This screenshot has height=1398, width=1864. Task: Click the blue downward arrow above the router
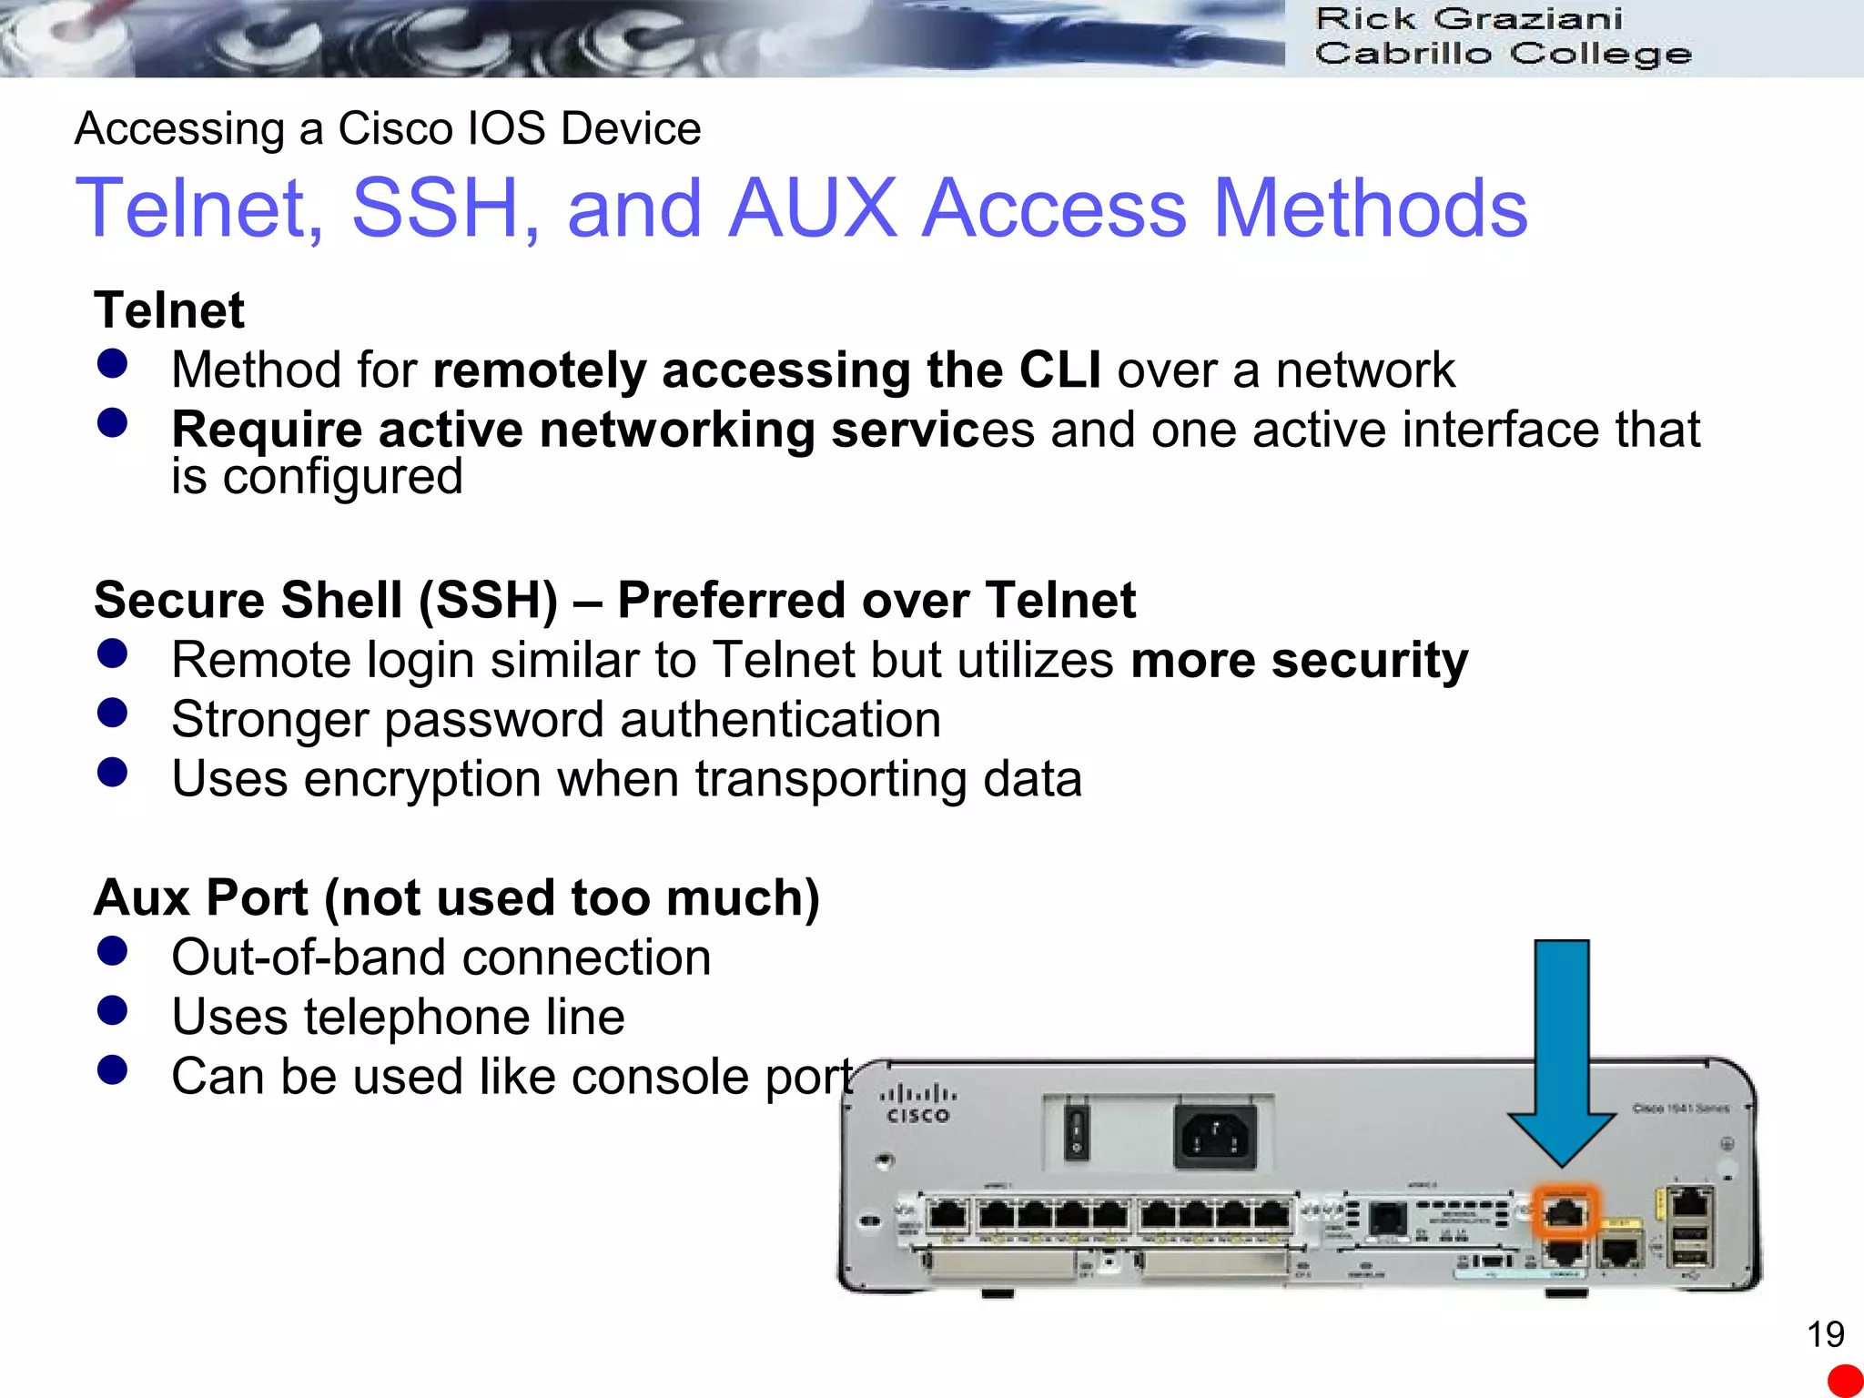click(x=1562, y=1047)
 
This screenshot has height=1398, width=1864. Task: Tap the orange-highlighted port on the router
click(x=1565, y=1211)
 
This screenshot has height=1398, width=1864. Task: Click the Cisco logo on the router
click(x=917, y=1104)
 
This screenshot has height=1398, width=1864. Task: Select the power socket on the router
click(x=1215, y=1136)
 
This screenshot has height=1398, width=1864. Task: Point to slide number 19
click(x=1825, y=1334)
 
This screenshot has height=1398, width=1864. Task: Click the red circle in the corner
click(x=1846, y=1381)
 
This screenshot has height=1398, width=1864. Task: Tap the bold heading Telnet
click(x=169, y=310)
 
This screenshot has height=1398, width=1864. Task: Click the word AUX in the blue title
click(x=813, y=208)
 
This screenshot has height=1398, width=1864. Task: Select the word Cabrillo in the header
click(x=1403, y=54)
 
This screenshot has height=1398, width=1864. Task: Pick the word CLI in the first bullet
click(x=1059, y=370)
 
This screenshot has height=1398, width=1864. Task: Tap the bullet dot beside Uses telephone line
click(x=112, y=1010)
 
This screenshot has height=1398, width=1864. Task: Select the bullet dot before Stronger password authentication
click(x=112, y=713)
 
